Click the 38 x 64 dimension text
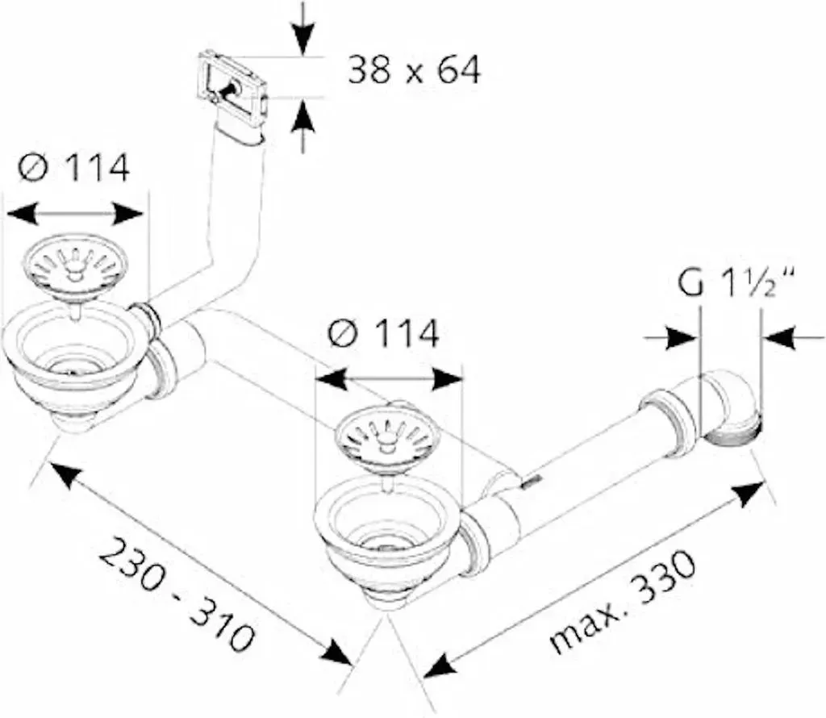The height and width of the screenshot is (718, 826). pos(414,70)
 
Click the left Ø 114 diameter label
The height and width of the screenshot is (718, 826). pos(73,168)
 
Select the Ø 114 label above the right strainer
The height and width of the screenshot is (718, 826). pos(383,333)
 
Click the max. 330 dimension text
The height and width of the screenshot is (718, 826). pos(622,600)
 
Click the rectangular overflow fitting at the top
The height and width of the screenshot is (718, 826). pos(232,84)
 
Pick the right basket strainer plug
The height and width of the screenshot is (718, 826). pos(388,435)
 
